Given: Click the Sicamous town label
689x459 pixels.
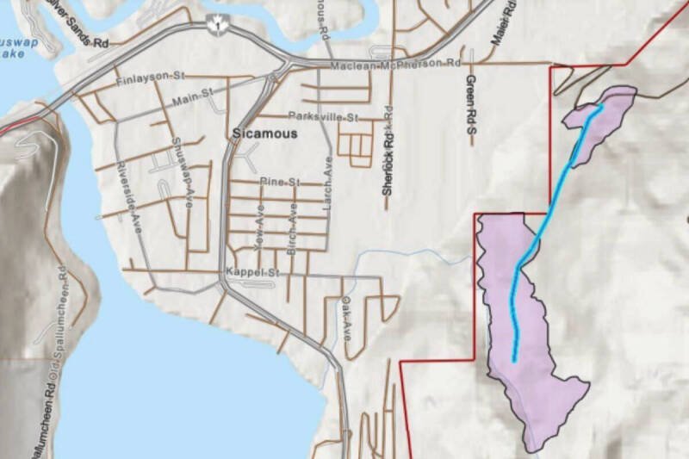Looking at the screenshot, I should pyautogui.click(x=264, y=134).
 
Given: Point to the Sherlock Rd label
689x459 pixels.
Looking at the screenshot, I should pyautogui.click(x=388, y=155).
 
